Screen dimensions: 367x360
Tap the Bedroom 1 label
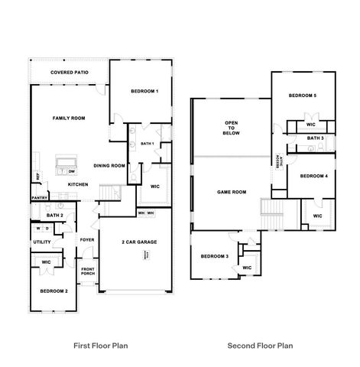click(x=144, y=92)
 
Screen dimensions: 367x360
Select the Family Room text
click(x=68, y=119)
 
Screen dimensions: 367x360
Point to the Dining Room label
click(x=109, y=165)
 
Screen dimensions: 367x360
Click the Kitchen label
click(x=79, y=184)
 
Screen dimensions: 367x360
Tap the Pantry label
click(x=40, y=198)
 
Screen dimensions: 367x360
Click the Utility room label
click(x=41, y=242)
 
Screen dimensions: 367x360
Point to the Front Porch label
click(x=88, y=271)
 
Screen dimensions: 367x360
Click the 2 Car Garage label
click(x=139, y=242)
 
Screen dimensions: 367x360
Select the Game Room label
click(x=231, y=193)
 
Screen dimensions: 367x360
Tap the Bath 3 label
click(x=316, y=138)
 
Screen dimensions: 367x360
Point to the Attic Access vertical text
click(x=280, y=165)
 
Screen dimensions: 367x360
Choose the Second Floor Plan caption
click(x=260, y=345)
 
